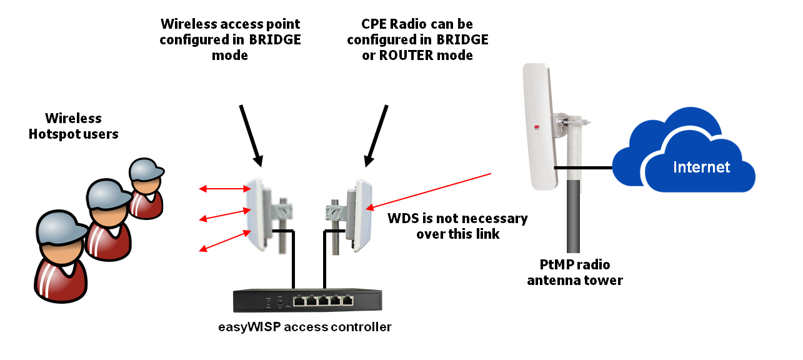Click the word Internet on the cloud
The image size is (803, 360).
pyautogui.click(x=701, y=167)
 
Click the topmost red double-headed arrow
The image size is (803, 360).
pyautogui.click(x=224, y=187)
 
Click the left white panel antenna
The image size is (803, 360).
pyautogui.click(x=257, y=212)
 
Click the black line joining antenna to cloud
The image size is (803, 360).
pyautogui.click(x=582, y=167)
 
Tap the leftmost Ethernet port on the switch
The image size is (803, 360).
pyautogui.click(x=300, y=301)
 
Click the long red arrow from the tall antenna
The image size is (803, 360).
pyautogui.click(x=431, y=191)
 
